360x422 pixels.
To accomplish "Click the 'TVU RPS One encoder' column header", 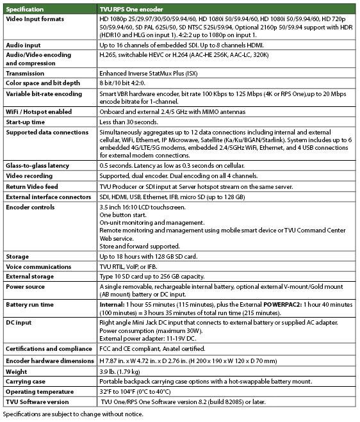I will point(132,10).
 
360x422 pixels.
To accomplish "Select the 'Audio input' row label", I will point(23,46).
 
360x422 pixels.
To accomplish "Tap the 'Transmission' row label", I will point(25,73).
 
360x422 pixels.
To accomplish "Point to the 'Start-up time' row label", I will point(25,122).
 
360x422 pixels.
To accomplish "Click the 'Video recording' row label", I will point(30,175).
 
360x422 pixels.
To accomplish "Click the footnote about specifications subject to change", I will point(71,414).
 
